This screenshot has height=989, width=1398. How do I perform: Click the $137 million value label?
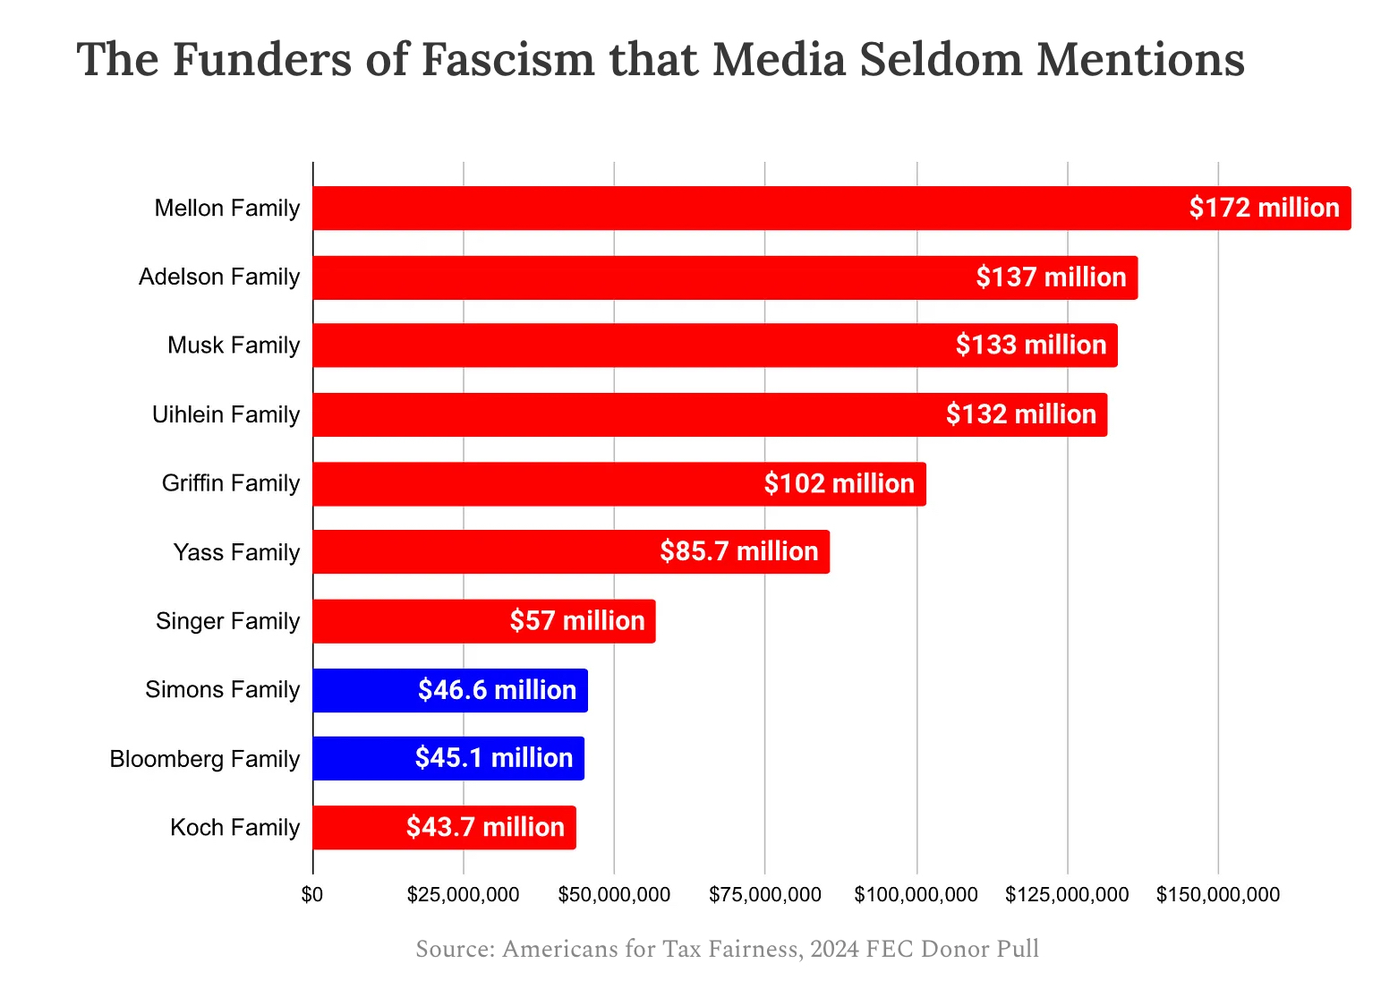[1051, 277]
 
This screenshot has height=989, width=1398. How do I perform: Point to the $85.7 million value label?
[738, 551]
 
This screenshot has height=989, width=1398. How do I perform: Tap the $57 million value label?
[577, 620]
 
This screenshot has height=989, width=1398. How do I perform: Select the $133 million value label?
[1031, 345]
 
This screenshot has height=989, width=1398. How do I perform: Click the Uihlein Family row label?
[226, 414]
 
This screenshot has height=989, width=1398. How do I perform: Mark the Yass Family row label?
[236, 552]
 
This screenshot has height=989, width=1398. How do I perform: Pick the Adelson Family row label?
[219, 277]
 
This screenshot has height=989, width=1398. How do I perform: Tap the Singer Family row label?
[227, 621]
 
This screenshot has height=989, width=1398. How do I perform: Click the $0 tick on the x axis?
[312, 894]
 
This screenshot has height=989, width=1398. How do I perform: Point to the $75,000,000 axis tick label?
[765, 894]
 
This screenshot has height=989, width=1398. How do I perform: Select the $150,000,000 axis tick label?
[1218, 894]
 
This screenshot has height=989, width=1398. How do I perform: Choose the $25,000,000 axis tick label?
[463, 894]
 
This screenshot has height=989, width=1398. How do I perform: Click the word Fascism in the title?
[507, 60]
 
